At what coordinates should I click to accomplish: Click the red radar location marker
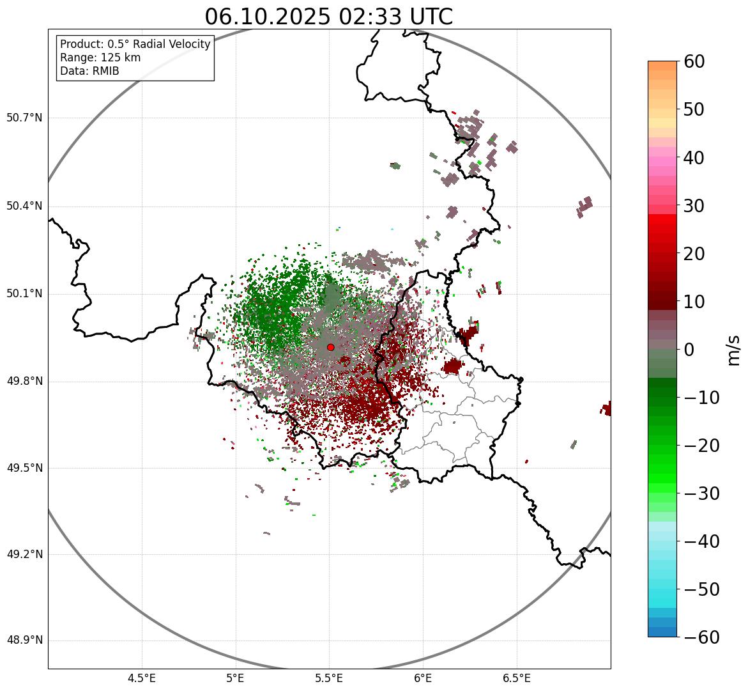[330, 347]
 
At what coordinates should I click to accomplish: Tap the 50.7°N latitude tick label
[24, 118]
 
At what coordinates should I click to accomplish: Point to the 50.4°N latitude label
[24, 206]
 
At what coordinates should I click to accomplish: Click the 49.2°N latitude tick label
[24, 554]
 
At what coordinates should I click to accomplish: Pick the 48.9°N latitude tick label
[24, 641]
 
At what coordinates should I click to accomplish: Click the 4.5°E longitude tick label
[142, 678]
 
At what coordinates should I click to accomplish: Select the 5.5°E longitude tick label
[329, 678]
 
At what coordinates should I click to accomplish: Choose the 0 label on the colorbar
[690, 350]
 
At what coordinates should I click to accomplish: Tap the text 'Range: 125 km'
[100, 58]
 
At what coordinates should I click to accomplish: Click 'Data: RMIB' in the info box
[89, 71]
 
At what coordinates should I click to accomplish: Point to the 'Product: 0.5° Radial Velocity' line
[135, 44]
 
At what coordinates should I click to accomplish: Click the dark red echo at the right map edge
[606, 408]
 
